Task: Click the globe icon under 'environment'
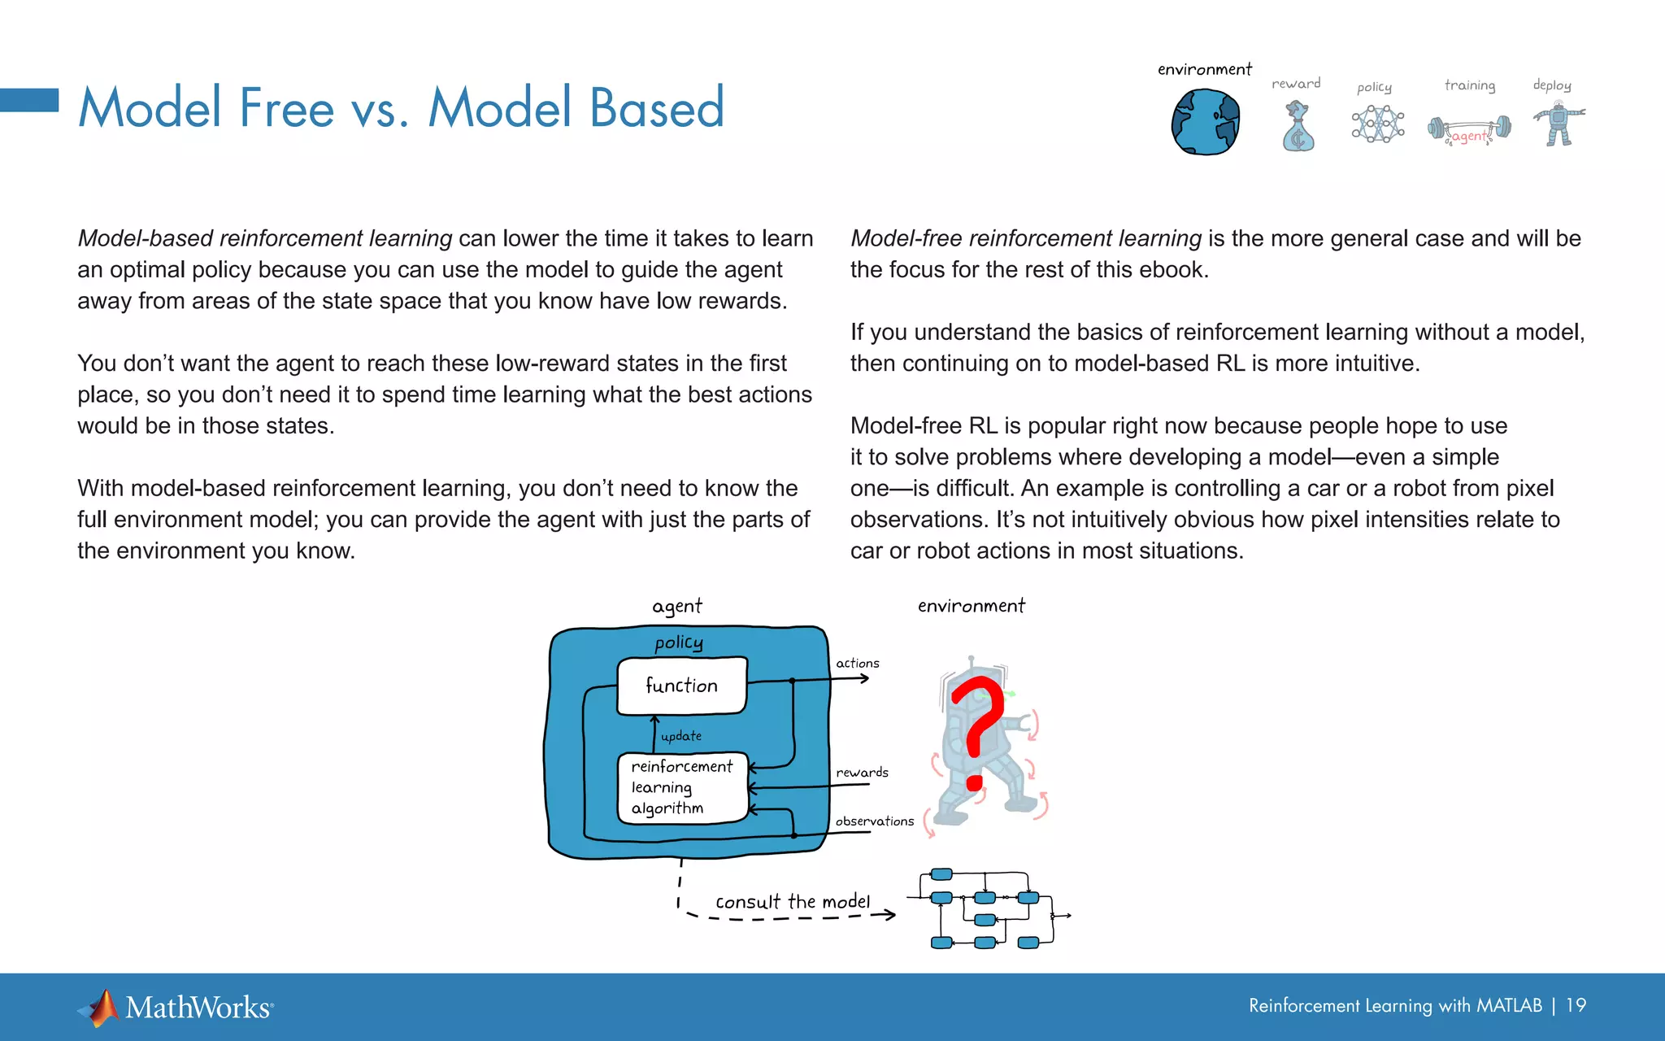pyautogui.click(x=1205, y=123)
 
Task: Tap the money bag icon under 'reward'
pyautogui.click(x=1298, y=128)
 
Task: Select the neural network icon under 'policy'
pyautogui.click(x=1377, y=124)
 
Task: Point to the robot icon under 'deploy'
pyautogui.click(x=1558, y=124)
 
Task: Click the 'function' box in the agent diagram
pyautogui.click(x=681, y=686)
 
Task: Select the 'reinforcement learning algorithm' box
pyautogui.click(x=681, y=787)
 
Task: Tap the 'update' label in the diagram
pyautogui.click(x=681, y=736)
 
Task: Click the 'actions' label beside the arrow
pyautogui.click(x=858, y=664)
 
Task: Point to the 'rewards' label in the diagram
pyautogui.click(x=862, y=773)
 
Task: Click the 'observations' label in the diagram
pyautogui.click(x=874, y=821)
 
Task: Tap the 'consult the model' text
pyautogui.click(x=793, y=902)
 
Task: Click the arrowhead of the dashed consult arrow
pyautogui.click(x=891, y=915)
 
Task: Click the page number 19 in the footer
pyautogui.click(x=1576, y=1005)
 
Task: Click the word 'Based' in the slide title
pyautogui.click(x=656, y=107)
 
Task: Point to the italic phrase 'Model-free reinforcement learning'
pyautogui.click(x=1025, y=238)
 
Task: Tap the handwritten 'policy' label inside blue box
pyautogui.click(x=679, y=643)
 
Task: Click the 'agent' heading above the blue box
pyautogui.click(x=676, y=607)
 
